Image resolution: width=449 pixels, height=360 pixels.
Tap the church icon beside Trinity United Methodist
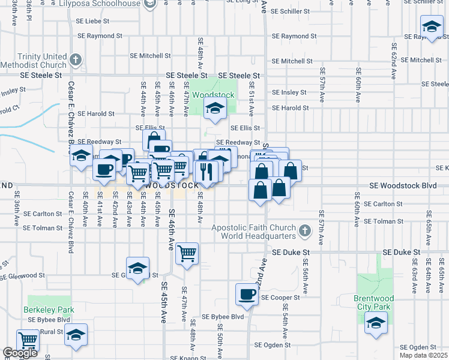click(x=75, y=59)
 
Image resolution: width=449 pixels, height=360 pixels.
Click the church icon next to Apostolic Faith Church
click(x=305, y=231)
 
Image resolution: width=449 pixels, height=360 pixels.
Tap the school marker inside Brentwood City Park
click(x=376, y=323)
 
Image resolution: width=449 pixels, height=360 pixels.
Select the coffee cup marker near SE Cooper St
click(x=247, y=293)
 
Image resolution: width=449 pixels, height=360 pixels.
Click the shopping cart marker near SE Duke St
click(x=187, y=253)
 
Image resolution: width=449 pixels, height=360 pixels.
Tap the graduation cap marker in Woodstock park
click(x=214, y=109)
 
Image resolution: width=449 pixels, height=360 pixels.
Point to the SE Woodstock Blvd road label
click(x=403, y=186)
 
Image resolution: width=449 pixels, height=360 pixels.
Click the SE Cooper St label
click(x=280, y=298)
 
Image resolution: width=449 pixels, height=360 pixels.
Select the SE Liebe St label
click(x=93, y=20)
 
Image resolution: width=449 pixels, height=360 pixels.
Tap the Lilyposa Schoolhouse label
click(x=103, y=4)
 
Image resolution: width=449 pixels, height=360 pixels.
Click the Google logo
click(x=20, y=353)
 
